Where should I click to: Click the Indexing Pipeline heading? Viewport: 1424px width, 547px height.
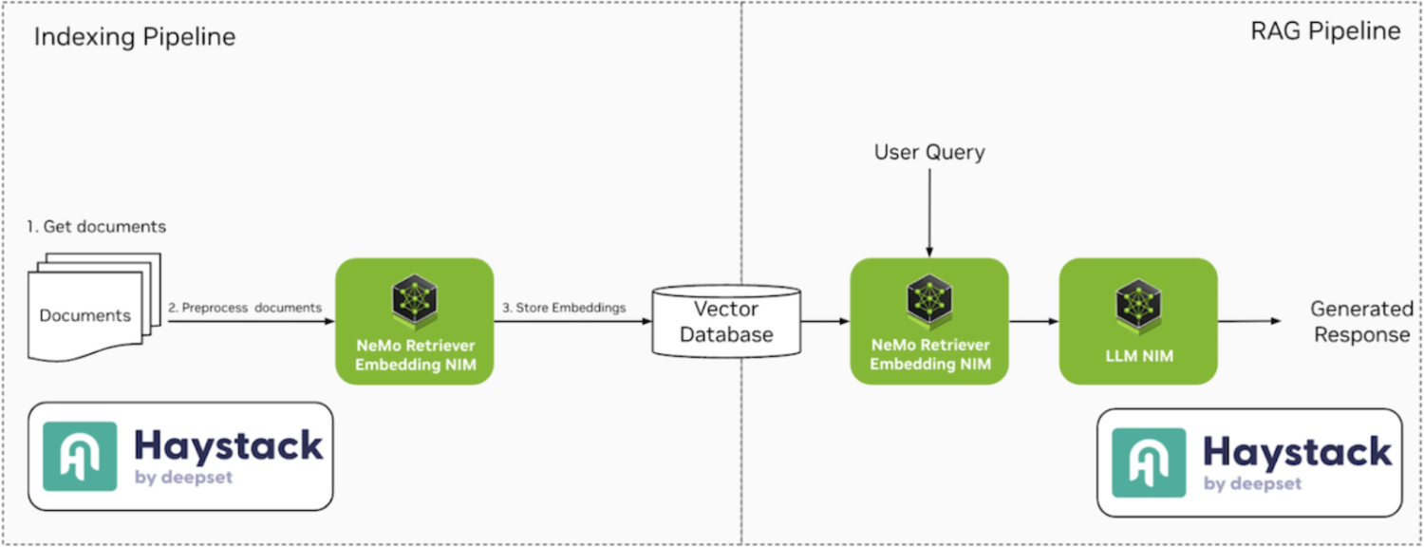[135, 38]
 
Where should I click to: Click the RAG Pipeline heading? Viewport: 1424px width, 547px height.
[1324, 31]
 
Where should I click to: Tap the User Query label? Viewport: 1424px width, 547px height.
[928, 152]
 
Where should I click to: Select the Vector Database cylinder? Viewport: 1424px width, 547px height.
[726, 321]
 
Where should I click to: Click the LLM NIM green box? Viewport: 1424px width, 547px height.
[1137, 321]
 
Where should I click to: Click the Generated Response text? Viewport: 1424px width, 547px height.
[1361, 322]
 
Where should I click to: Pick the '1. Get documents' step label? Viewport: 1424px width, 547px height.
[97, 227]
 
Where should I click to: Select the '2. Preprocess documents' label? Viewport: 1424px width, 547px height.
[245, 308]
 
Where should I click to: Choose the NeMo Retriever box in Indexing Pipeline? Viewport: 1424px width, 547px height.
[414, 321]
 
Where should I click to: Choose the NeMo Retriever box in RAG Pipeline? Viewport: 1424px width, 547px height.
[929, 321]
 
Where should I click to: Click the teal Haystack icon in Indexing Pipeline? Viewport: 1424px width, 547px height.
[81, 457]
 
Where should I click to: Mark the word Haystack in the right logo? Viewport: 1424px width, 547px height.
[1297, 451]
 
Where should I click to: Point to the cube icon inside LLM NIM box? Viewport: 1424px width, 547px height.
[1137, 301]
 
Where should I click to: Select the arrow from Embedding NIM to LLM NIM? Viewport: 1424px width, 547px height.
[1033, 322]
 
